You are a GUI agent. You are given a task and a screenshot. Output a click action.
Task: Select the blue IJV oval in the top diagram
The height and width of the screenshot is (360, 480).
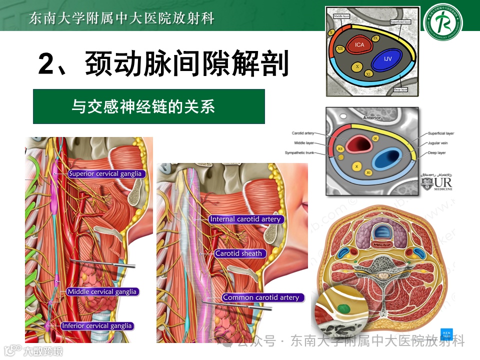pos(387,59)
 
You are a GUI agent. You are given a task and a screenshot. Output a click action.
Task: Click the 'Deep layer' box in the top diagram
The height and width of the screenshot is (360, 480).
pos(401,89)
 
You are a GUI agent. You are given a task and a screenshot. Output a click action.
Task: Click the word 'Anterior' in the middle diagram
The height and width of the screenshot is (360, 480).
pos(372,118)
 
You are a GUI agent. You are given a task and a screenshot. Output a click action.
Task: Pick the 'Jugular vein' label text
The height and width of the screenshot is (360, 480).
pos(438,143)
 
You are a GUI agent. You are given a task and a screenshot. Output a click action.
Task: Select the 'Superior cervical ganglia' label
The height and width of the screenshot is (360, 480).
pos(105,174)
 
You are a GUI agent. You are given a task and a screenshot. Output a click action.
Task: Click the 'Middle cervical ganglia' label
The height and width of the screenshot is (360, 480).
pos(101,291)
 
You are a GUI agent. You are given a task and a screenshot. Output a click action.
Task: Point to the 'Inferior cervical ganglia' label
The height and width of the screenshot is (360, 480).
pos(97,326)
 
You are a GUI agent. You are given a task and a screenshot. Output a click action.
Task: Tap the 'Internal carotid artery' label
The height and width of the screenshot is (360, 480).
pos(245,219)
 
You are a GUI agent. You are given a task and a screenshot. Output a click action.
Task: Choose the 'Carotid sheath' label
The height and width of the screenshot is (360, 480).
pos(238,253)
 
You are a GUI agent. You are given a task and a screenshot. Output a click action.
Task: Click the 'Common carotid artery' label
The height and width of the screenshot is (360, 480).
pos(261,297)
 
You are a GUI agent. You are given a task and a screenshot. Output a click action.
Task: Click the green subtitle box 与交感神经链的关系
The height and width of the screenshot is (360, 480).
pos(149,106)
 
